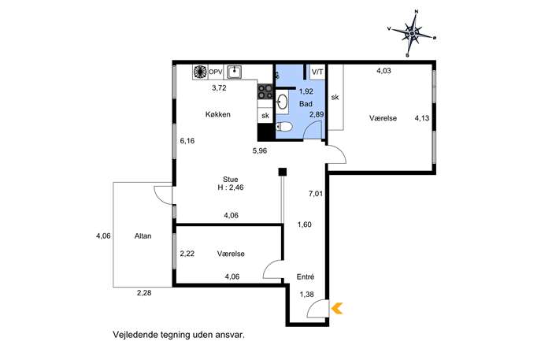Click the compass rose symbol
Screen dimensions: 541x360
412,34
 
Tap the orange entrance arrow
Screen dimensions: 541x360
337,308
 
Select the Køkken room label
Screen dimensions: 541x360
217,114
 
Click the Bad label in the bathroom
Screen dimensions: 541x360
306,103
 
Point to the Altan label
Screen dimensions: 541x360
143,236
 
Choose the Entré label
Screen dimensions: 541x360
306,276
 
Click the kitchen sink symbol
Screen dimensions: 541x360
234,72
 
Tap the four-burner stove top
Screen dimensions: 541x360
265,91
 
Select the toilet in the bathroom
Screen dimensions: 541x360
284,127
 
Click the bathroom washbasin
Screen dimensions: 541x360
283,102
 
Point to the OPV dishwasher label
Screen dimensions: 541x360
215,72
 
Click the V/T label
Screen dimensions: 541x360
317,72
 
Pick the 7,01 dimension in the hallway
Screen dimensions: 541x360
315,194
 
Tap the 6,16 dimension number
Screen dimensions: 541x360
187,140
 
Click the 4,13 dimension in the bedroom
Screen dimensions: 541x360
421,118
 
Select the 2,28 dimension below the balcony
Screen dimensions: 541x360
144,293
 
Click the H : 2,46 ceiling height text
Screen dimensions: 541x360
231,187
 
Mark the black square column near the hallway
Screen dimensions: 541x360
283,172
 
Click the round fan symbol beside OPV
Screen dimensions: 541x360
200,72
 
